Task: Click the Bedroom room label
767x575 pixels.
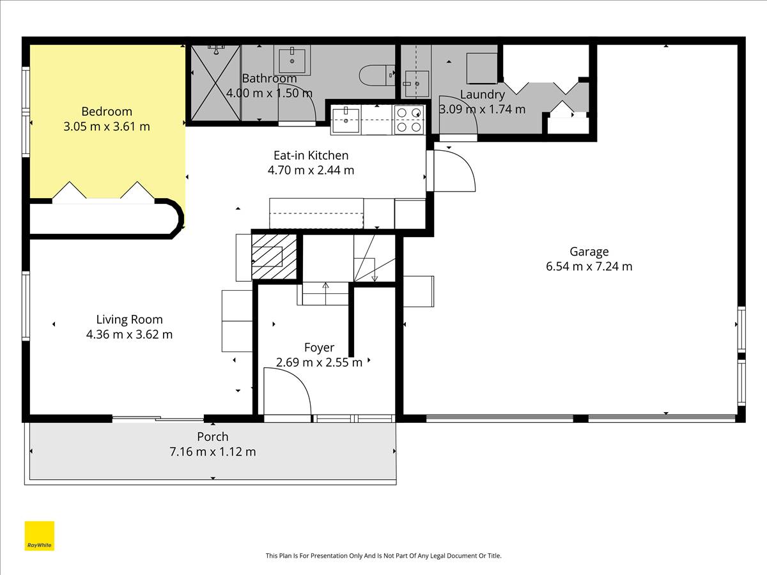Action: [107, 112]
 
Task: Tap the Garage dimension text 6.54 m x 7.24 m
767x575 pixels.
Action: [589, 266]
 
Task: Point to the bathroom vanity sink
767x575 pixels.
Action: [292, 59]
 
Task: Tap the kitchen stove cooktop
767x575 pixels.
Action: [409, 119]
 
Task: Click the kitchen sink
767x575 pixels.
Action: [346, 120]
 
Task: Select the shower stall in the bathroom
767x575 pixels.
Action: [216, 83]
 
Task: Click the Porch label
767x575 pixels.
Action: [213, 437]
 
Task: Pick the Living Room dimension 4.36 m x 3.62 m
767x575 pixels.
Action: [129, 334]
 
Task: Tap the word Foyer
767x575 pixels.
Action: [319, 348]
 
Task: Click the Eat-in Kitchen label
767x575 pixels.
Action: [311, 155]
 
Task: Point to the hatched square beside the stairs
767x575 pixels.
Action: [274, 257]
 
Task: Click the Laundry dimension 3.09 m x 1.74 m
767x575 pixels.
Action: [482, 110]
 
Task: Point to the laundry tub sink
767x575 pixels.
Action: [417, 84]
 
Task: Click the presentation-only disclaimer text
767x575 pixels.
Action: [383, 555]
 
